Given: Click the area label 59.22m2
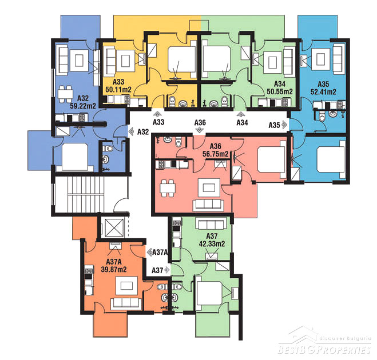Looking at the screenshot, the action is click(83, 106).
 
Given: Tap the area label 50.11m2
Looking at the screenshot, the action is click(118, 90).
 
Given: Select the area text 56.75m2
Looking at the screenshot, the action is click(216, 154).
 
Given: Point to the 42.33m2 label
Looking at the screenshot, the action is click(212, 244).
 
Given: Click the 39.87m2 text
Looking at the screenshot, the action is click(114, 269).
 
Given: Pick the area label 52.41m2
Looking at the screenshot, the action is click(323, 92).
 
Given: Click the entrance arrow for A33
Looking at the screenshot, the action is click(158, 114).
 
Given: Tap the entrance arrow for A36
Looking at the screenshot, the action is click(199, 130).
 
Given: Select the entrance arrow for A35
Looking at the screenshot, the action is click(284, 125).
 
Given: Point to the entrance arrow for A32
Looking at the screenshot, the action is click(131, 131).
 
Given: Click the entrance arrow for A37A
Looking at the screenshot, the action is click(149, 252).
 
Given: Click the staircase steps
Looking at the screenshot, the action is click(83, 195).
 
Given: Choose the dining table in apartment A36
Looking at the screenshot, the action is click(168, 188).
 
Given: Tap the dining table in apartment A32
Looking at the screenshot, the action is click(65, 94).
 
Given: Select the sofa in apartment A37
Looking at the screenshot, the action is click(211, 224).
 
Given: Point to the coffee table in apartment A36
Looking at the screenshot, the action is click(209, 187).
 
